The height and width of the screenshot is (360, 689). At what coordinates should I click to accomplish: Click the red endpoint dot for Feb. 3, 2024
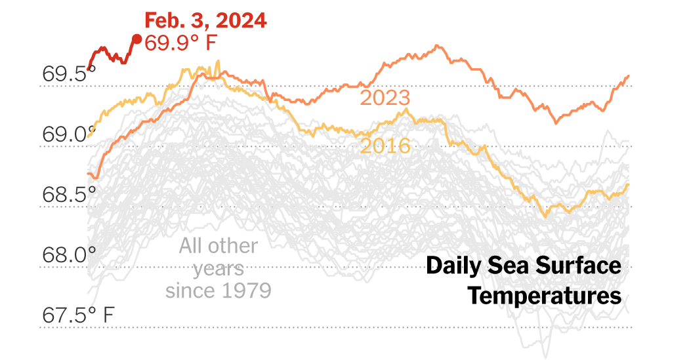[136, 39]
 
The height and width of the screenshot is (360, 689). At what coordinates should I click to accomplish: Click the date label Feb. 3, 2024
[205, 20]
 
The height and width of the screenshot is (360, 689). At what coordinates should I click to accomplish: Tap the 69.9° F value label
[180, 44]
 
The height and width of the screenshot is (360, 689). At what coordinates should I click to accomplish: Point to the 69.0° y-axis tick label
[64, 135]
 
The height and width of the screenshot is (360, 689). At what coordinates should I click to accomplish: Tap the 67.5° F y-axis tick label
[78, 315]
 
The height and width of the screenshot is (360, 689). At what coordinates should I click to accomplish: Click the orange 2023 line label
[385, 98]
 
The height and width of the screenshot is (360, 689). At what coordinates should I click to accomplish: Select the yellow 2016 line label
[385, 146]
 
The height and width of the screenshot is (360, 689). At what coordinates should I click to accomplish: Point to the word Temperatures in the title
[544, 296]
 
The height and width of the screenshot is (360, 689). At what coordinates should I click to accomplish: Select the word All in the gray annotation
[194, 247]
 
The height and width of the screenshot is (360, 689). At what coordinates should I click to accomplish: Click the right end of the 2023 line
[629, 76]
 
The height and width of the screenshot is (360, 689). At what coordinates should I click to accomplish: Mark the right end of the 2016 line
[629, 184]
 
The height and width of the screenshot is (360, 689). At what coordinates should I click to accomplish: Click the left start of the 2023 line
[89, 174]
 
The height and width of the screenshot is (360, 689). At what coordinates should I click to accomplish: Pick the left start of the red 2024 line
[89, 68]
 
